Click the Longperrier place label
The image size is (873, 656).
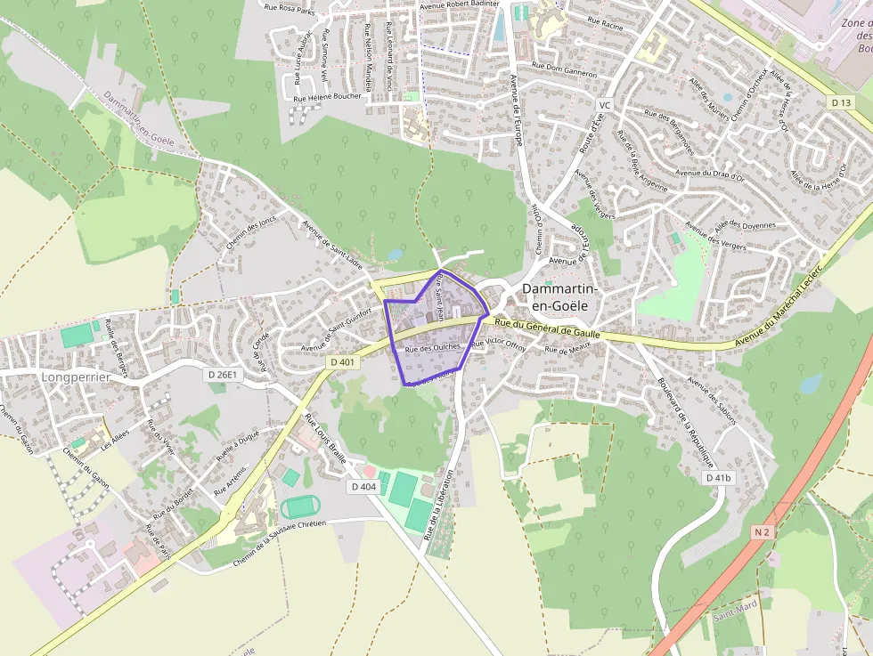(x=75, y=377)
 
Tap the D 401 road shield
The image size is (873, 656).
(x=341, y=362)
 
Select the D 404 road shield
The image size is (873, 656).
(x=363, y=487)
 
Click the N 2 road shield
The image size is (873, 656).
(x=761, y=532)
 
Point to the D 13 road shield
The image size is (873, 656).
(x=840, y=103)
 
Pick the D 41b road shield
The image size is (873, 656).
(x=718, y=478)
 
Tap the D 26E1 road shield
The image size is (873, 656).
(x=224, y=375)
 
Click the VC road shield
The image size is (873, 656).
(x=605, y=105)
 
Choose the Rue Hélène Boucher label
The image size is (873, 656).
(x=327, y=98)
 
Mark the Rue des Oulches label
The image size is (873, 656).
(x=433, y=348)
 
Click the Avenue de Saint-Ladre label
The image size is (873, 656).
(x=332, y=244)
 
